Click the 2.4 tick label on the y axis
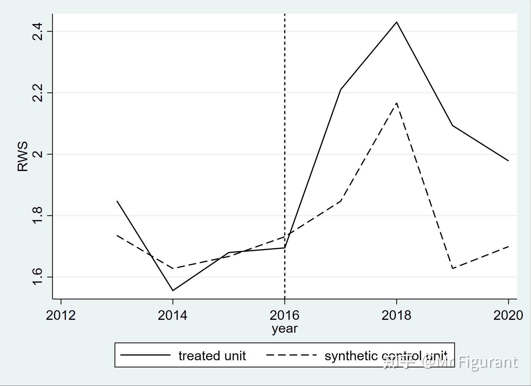pyautogui.click(x=38, y=31)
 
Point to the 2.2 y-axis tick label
pyautogui.click(x=38, y=93)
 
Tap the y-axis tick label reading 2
pyautogui.click(x=38, y=154)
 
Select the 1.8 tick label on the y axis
pyautogui.click(x=38, y=216)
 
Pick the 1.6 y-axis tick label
pyautogui.click(x=38, y=277)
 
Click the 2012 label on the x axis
pyautogui.click(x=61, y=315)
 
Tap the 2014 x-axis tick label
pyautogui.click(x=173, y=315)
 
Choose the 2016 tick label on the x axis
pyautogui.click(x=285, y=315)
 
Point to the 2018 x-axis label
pyautogui.click(x=396, y=315)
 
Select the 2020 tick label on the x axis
pyautogui.click(x=508, y=315)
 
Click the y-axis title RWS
pyautogui.click(x=23, y=156)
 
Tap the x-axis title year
pyautogui.click(x=285, y=329)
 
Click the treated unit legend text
pyautogui.click(x=212, y=356)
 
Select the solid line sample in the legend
pyautogui.click(x=145, y=355)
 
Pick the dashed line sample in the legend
pyautogui.click(x=291, y=355)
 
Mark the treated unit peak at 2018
pyautogui.click(x=397, y=22)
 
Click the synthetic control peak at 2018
pyautogui.click(x=397, y=103)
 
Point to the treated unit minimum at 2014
pyautogui.click(x=173, y=290)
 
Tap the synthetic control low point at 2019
pyautogui.click(x=453, y=268)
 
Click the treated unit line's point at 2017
pyautogui.click(x=341, y=89)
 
